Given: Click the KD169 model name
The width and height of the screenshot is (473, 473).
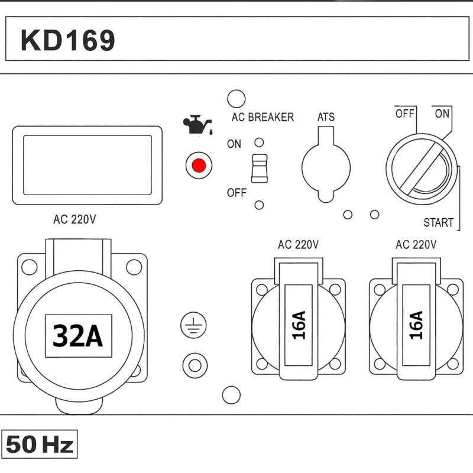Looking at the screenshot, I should [67, 40].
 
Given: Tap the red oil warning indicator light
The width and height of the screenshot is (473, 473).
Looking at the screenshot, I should [198, 166].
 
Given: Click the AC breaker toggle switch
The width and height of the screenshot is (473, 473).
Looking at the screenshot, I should [258, 169].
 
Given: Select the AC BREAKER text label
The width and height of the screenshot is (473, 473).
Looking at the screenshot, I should [263, 117].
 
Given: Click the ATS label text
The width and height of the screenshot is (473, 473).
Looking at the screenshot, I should [326, 117].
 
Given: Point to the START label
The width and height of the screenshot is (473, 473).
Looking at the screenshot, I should [438, 223].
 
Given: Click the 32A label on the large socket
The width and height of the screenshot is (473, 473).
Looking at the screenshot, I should [78, 336].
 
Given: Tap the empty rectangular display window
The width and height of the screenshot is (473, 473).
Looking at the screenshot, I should [87, 166].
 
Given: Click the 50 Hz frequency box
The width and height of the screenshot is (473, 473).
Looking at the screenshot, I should [40, 445].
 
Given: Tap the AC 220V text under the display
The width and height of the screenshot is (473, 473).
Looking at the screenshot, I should [74, 219].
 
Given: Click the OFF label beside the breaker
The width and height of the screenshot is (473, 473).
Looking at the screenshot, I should [237, 193].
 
